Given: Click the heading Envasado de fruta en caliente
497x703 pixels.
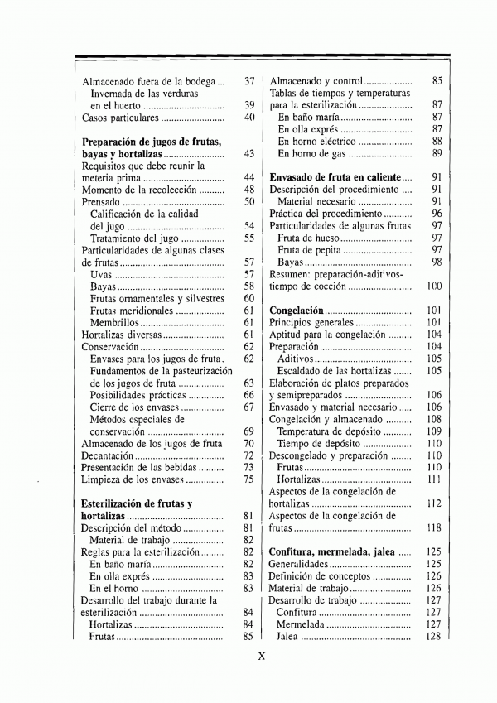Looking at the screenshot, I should point(335,177).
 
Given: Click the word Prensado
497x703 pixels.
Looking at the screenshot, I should point(101,201).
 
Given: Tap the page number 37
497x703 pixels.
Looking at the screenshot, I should point(248,82).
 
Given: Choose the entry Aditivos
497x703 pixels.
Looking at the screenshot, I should point(295,359).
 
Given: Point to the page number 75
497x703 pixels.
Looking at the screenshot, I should point(248,479).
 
